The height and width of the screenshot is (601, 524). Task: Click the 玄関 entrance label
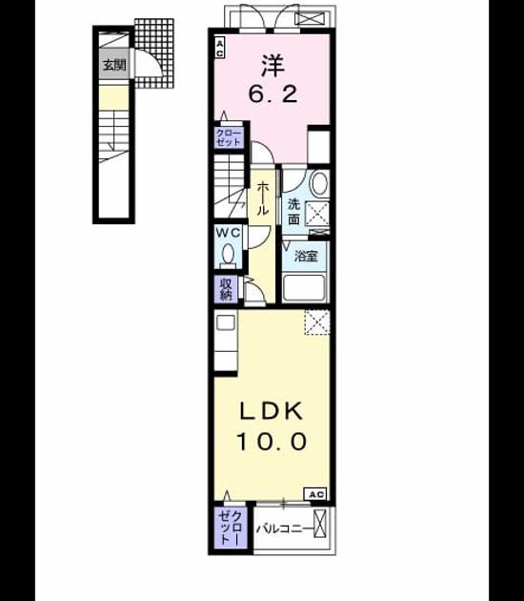click(x=114, y=65)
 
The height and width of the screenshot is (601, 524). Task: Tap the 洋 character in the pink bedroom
click(x=272, y=65)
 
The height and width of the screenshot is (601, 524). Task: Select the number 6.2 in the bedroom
click(x=272, y=93)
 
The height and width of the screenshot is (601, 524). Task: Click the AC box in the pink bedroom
click(x=219, y=48)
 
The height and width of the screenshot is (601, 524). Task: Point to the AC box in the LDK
click(x=315, y=494)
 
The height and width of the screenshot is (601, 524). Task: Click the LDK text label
click(x=272, y=411)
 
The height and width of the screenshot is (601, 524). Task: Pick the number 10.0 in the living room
click(x=272, y=441)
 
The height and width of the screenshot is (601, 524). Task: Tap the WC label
click(x=228, y=232)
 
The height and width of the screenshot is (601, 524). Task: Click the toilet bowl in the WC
click(x=229, y=254)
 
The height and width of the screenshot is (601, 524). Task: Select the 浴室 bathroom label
click(x=306, y=256)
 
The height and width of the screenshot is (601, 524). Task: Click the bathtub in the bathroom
click(x=304, y=288)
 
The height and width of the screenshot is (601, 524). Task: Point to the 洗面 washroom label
click(x=293, y=212)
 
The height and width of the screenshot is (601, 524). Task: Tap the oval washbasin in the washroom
click(x=319, y=184)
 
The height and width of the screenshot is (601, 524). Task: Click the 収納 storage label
click(x=226, y=289)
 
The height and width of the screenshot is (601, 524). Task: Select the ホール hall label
click(x=263, y=199)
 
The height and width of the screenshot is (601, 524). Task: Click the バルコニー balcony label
click(x=284, y=528)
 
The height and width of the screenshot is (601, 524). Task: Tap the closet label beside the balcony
click(x=230, y=527)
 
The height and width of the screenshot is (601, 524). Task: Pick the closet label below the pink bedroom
click(x=229, y=138)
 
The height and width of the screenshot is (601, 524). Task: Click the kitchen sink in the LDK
click(x=226, y=322)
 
